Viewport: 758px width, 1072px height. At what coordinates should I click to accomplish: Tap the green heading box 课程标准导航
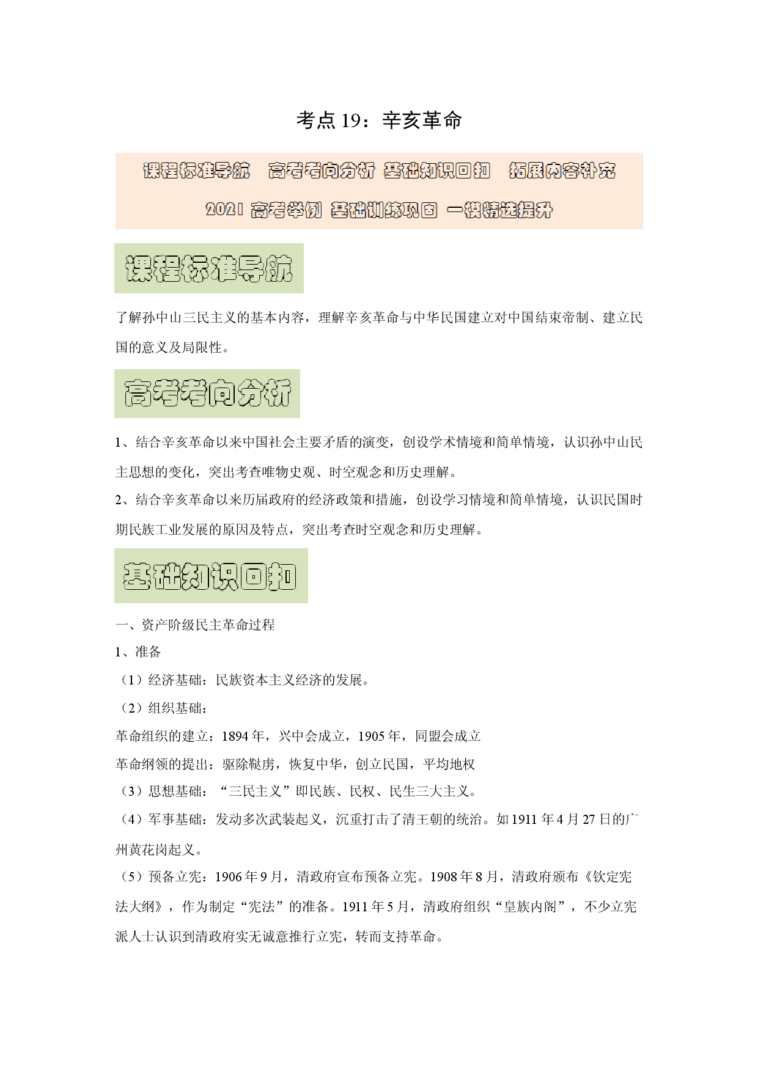pyautogui.click(x=209, y=268)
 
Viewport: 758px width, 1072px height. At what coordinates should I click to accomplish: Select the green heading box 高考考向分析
pyautogui.click(x=207, y=394)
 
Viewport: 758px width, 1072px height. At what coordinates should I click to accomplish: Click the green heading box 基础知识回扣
pyautogui.click(x=211, y=576)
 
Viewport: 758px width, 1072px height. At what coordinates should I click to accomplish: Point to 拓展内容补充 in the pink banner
pyautogui.click(x=562, y=171)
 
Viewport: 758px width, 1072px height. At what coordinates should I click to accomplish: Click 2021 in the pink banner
pyautogui.click(x=224, y=210)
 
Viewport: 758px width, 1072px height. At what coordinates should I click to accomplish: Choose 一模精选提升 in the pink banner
pyautogui.click(x=499, y=210)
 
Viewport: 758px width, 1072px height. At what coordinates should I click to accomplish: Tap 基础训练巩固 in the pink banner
pyautogui.click(x=384, y=210)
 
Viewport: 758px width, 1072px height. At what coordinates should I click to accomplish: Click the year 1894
pyautogui.click(x=235, y=736)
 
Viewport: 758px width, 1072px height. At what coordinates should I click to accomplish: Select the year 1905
pyautogui.click(x=372, y=736)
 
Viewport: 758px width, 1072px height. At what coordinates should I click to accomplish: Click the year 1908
pyautogui.click(x=443, y=877)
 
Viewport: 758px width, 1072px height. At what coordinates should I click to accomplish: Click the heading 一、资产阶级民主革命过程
pyautogui.click(x=195, y=625)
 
